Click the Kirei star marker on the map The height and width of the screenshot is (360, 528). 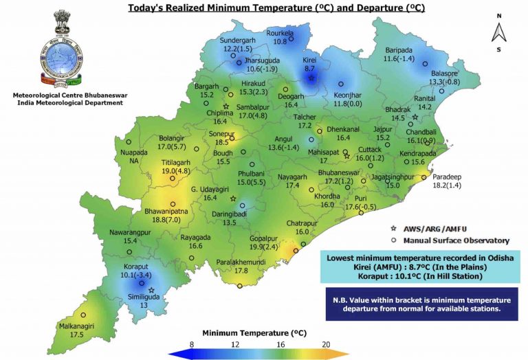311,78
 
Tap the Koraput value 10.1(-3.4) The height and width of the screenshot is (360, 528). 132,275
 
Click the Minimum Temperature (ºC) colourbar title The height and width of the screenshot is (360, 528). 256,333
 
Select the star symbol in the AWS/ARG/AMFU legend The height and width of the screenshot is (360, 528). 393,227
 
